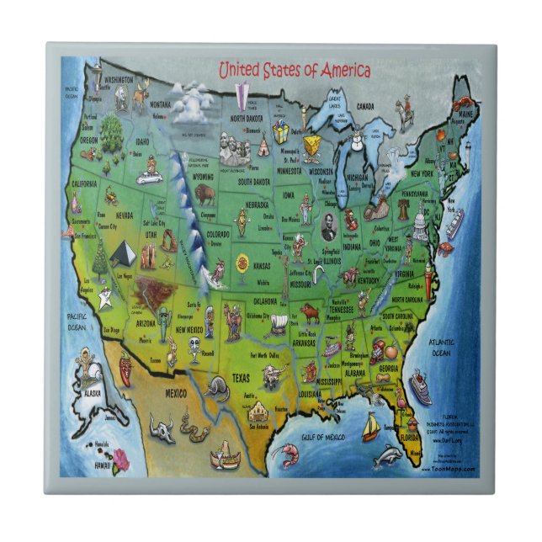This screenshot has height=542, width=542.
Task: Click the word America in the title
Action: tap(340, 71)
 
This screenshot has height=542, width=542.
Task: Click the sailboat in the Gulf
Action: tap(370, 428)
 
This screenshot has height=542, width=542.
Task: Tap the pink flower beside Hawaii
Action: tap(121, 459)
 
